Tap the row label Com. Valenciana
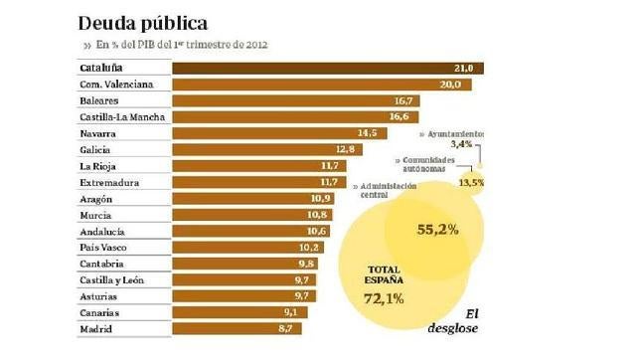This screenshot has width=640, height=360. (x=116, y=85)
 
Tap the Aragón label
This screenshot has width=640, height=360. (x=95, y=198)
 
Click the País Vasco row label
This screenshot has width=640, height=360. (x=102, y=247)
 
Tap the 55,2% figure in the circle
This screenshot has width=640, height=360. (x=436, y=230)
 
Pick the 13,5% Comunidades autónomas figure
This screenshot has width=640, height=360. (x=471, y=182)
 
